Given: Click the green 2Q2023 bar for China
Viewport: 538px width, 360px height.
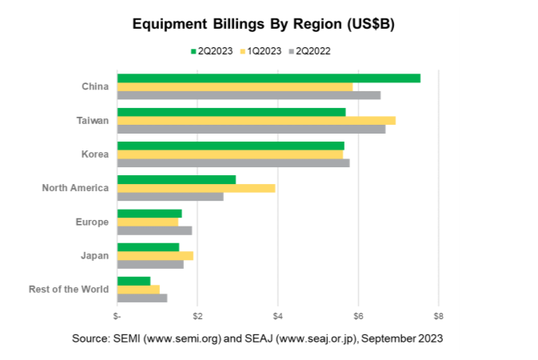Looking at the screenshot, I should [x=269, y=78].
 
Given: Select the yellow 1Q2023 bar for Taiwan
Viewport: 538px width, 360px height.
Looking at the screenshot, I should [x=256, y=120].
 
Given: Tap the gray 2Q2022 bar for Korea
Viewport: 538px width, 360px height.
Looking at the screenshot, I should [x=233, y=163].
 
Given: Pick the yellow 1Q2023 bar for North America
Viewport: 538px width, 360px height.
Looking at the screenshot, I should [x=196, y=188].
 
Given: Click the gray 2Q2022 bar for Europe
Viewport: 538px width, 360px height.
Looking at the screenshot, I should [x=154, y=230].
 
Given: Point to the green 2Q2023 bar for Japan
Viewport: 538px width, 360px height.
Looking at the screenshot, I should [x=148, y=247].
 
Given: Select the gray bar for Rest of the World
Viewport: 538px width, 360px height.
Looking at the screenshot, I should [x=141, y=298].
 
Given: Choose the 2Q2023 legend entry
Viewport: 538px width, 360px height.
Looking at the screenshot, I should [x=212, y=51].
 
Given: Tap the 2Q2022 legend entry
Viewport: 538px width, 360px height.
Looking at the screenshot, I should [x=310, y=51].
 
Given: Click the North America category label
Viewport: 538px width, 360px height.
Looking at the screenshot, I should [x=74, y=188].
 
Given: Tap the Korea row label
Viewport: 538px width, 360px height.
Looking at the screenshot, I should [x=94, y=154].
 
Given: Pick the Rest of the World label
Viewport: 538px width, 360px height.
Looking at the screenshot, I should [x=68, y=289].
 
